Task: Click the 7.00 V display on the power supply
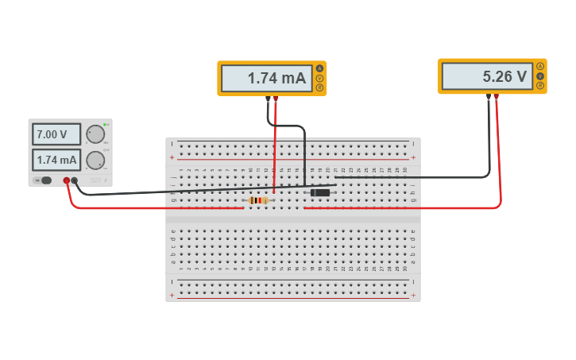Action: pos(56,134)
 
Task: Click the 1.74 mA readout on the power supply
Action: pos(56,160)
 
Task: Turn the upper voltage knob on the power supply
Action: pos(95,134)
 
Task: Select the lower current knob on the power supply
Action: pos(95,160)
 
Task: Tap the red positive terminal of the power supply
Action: pos(67,180)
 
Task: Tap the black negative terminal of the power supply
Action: pos(75,180)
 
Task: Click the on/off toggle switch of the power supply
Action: pos(45,180)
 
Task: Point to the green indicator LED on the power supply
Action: pos(105,125)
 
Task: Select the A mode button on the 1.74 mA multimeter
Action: pos(319,68)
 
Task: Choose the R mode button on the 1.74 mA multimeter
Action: pos(319,87)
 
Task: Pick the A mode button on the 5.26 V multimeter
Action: pos(540,66)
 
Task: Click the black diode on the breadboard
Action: pos(319,192)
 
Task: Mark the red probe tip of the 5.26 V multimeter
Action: pos(497,97)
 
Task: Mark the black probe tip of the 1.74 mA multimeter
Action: pos(268,99)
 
